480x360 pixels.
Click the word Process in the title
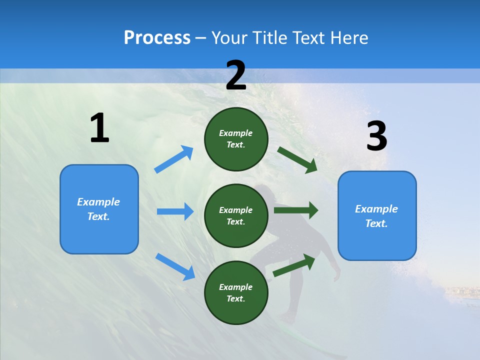pyautogui.click(x=157, y=38)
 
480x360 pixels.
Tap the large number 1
pyautogui.click(x=99, y=128)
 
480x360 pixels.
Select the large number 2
pyautogui.click(x=236, y=75)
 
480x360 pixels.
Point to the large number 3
pyautogui.click(x=376, y=136)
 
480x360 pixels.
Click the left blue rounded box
pyautogui.click(x=99, y=209)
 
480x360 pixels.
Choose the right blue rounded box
pyautogui.click(x=377, y=215)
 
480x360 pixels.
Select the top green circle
pyautogui.click(x=236, y=139)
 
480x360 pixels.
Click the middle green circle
pyautogui.click(x=236, y=215)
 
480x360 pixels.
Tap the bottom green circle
pyautogui.click(x=236, y=292)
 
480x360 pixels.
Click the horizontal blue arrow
pyautogui.click(x=175, y=211)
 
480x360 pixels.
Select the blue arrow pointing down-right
pyautogui.click(x=175, y=266)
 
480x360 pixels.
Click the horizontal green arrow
pyautogui.click(x=296, y=210)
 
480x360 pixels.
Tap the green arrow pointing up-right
pyautogui.click(x=294, y=265)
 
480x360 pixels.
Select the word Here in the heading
pyautogui.click(x=348, y=38)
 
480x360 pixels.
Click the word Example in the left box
pyautogui.click(x=98, y=202)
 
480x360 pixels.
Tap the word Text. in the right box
pyautogui.click(x=376, y=223)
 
